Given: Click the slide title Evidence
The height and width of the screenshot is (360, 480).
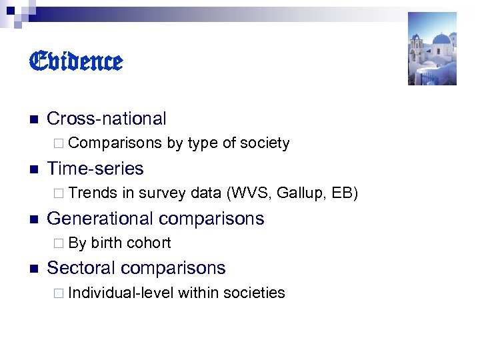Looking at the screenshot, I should pyautogui.click(x=76, y=62).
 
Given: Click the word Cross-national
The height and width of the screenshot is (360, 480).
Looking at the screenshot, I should pyautogui.click(x=107, y=119).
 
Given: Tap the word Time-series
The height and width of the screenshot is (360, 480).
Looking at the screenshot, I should pyautogui.click(x=95, y=168).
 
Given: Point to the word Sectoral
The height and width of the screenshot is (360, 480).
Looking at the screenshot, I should pyautogui.click(x=79, y=268).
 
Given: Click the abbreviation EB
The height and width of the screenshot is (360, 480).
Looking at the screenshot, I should pyautogui.click(x=343, y=193).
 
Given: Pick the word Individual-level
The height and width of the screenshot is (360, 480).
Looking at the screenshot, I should pyautogui.click(x=121, y=293).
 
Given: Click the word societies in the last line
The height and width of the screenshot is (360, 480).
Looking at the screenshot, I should pyautogui.click(x=254, y=293).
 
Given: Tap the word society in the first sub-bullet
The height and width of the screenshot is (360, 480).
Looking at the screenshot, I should pyautogui.click(x=265, y=143).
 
